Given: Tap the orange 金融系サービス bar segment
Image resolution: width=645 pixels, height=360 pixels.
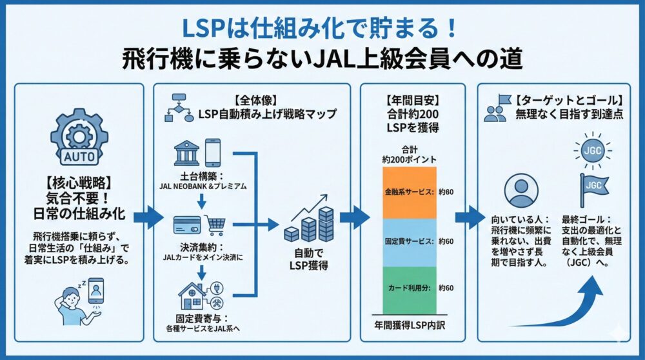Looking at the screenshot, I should tap(410, 192).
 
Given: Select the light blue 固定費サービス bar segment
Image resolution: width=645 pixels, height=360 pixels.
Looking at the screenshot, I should tap(410, 241).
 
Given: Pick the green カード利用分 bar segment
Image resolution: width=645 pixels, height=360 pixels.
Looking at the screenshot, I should tap(410, 287).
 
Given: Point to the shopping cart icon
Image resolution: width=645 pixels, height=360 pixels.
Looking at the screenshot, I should tap(215, 225).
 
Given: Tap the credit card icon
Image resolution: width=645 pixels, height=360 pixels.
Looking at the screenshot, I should tap(188, 225).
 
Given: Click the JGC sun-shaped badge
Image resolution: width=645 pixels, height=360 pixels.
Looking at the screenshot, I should tap(590, 150).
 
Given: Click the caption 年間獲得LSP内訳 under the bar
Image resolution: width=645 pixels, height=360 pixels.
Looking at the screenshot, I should tap(410, 325).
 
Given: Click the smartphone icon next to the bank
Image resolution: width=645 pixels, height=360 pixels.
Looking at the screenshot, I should tap(213, 153).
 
